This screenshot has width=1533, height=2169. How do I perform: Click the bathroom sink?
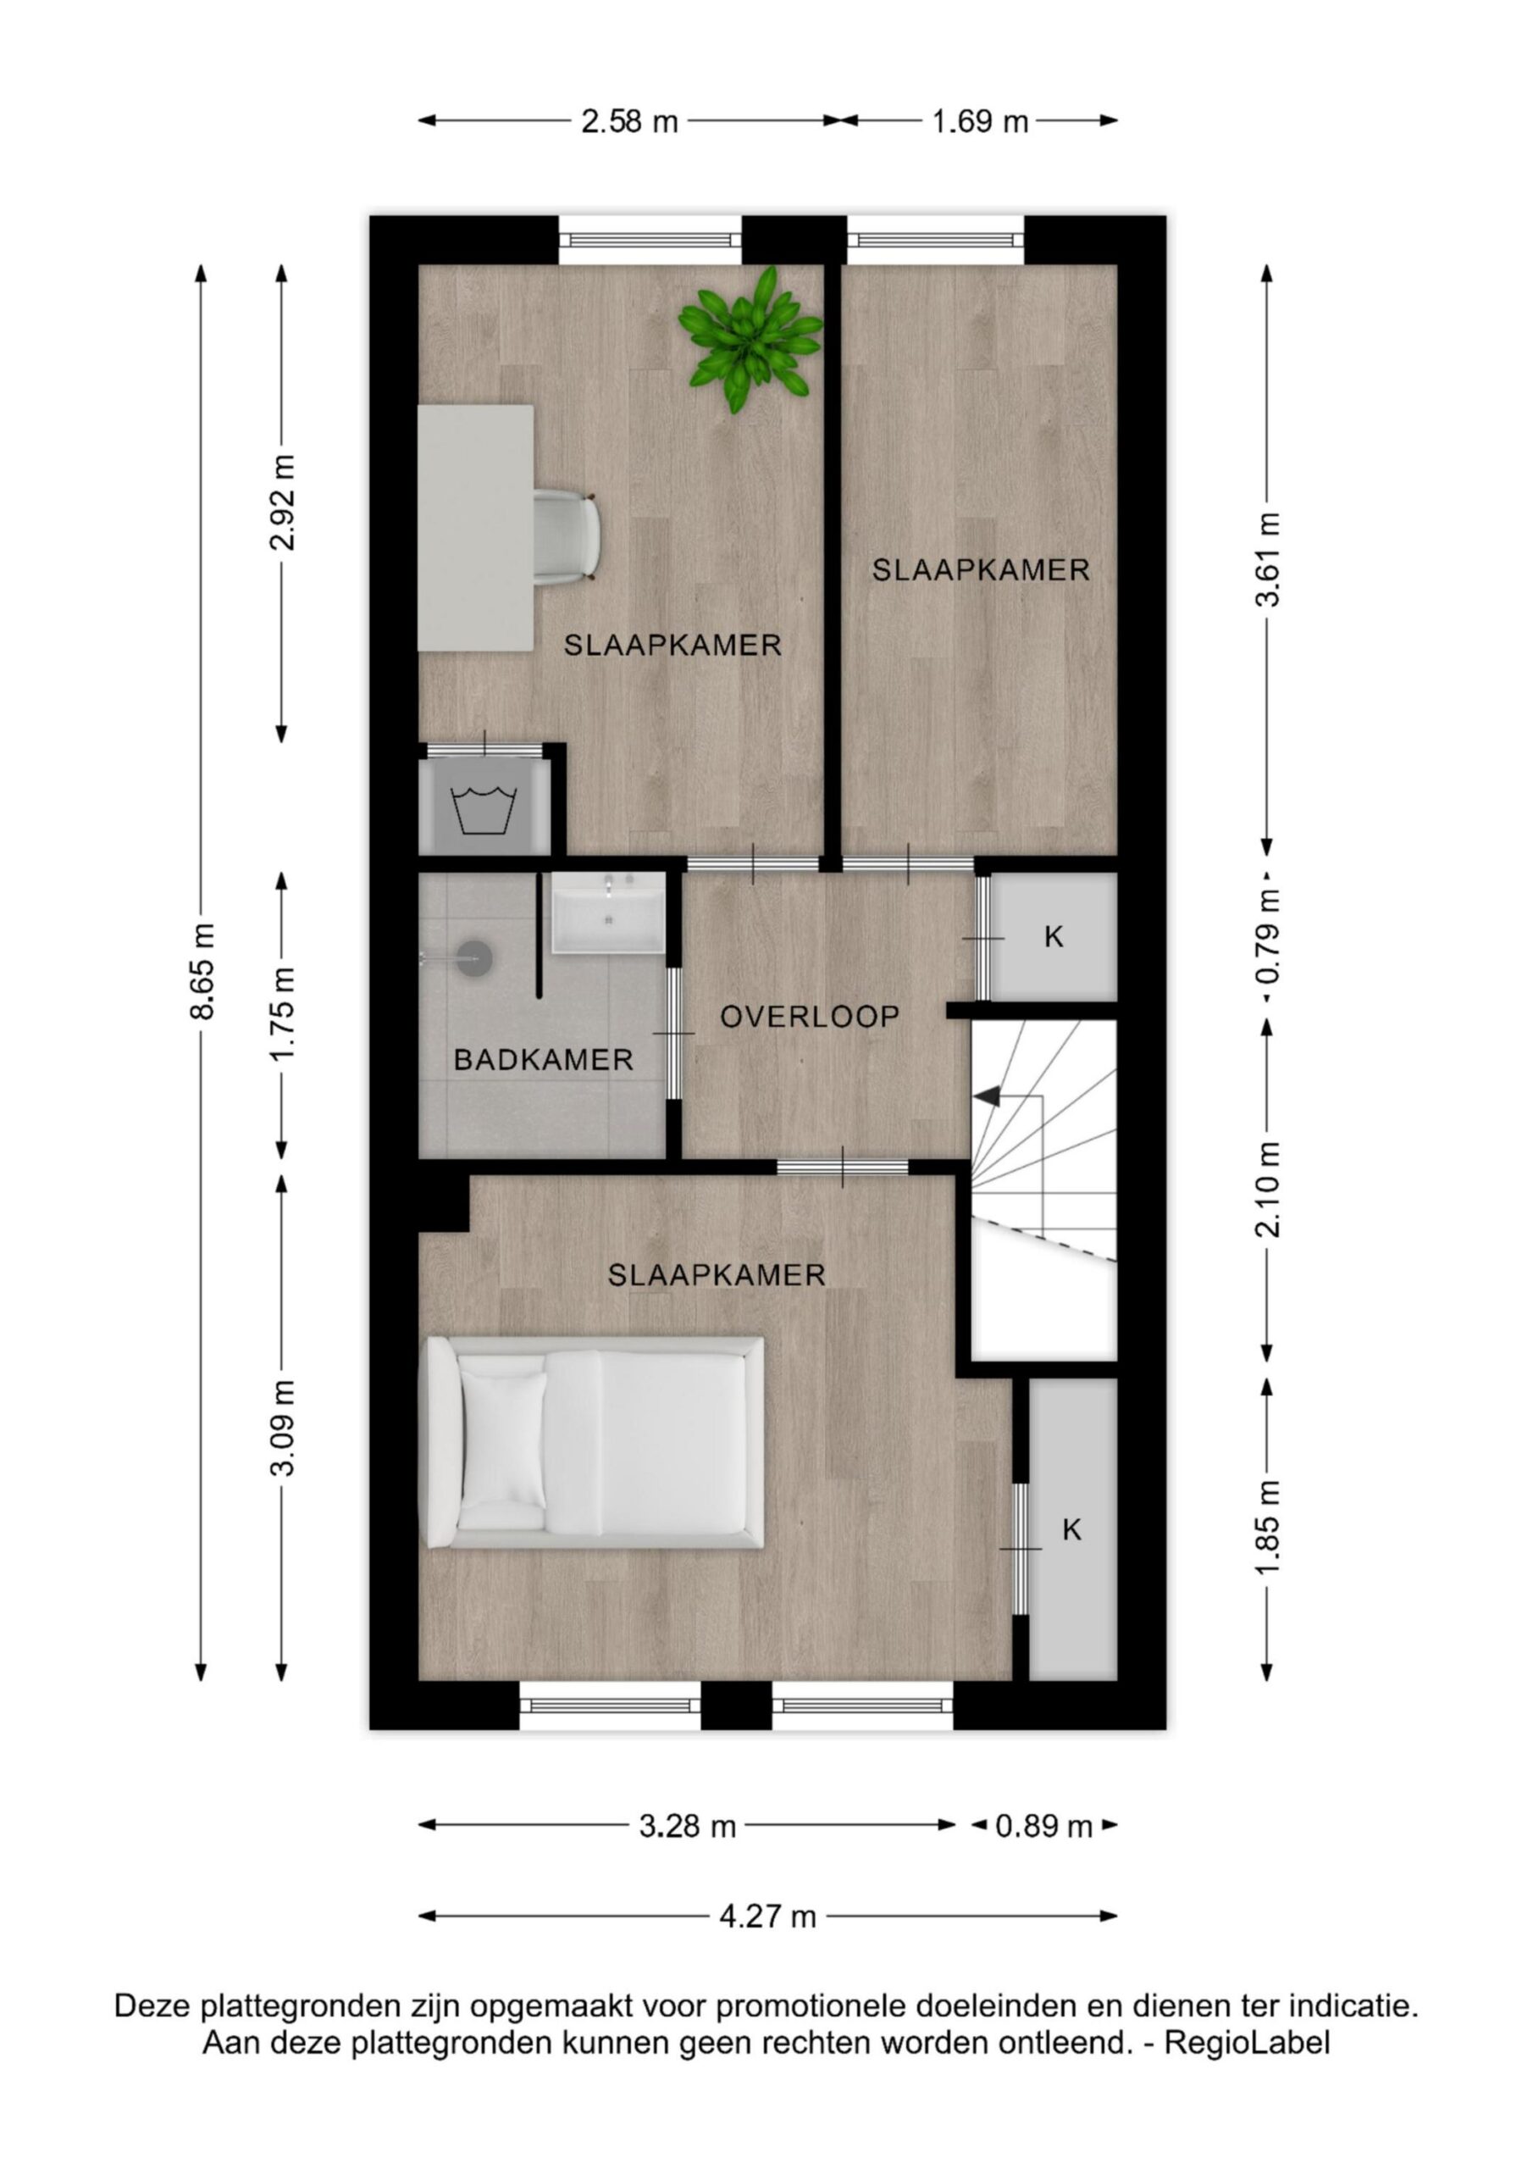[x=609, y=912]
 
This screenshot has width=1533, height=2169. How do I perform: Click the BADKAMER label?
[x=543, y=1060]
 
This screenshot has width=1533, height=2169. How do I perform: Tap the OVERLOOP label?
[x=810, y=1017]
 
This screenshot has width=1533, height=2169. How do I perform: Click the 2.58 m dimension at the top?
[x=630, y=122]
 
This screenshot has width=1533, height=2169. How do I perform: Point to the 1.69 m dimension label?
[x=981, y=122]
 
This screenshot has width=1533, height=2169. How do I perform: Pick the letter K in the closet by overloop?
[x=1054, y=937]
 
